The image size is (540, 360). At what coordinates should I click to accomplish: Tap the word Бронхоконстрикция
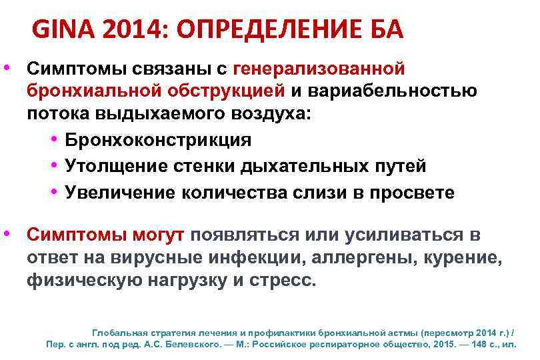click(x=158, y=141)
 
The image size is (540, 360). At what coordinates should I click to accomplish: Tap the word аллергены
click(x=364, y=258)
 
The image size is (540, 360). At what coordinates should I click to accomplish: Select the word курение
click(x=464, y=258)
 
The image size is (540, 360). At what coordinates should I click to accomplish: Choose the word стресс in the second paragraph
click(x=285, y=281)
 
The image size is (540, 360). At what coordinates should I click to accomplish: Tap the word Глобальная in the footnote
click(x=116, y=331)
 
